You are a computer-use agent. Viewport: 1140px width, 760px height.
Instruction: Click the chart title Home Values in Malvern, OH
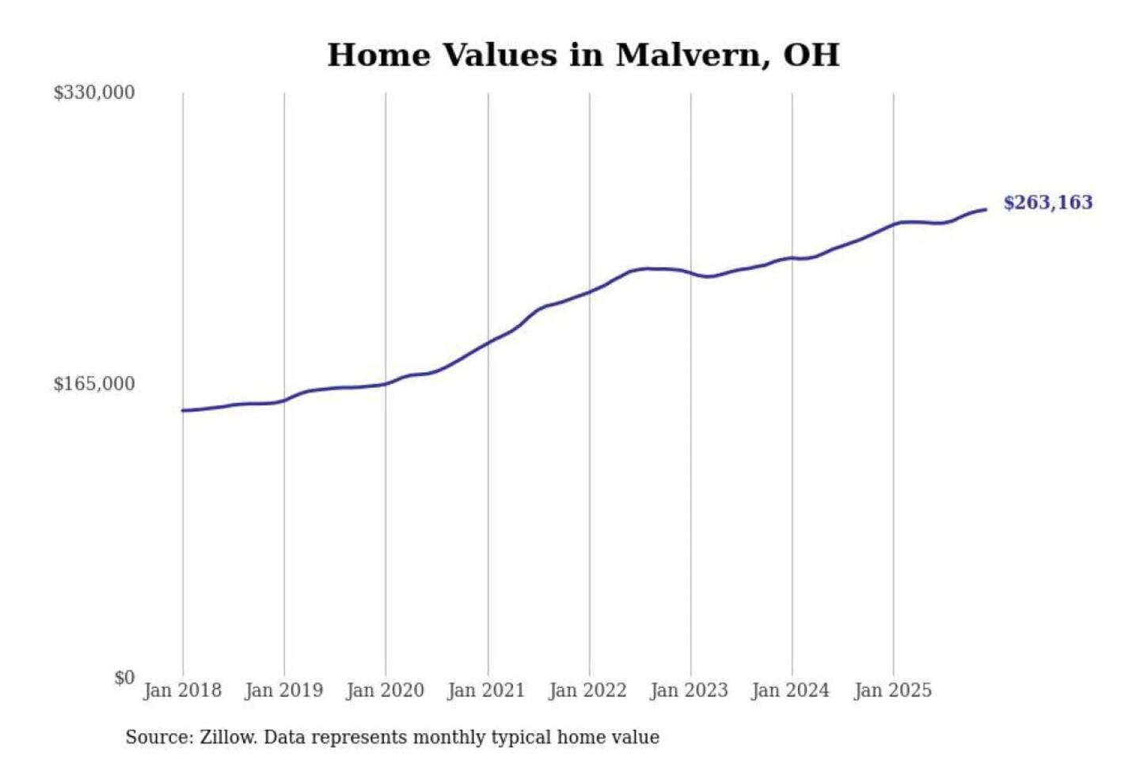(583, 55)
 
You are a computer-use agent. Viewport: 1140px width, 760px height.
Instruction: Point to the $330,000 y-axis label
(93, 93)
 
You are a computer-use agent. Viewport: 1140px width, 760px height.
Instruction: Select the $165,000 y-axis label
(93, 384)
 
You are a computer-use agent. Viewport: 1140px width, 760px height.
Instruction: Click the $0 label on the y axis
(124, 678)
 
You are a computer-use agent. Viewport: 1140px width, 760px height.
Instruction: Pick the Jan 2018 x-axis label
(182, 690)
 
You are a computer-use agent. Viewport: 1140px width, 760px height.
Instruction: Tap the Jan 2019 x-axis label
(283, 690)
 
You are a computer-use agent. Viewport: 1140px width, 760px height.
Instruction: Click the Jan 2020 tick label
(385, 690)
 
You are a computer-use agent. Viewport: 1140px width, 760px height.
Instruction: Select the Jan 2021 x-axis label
(486, 690)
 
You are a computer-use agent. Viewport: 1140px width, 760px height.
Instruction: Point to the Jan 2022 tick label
(587, 690)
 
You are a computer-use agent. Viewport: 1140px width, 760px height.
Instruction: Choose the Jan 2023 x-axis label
(689, 690)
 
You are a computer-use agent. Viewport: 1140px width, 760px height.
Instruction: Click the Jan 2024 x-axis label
(790, 690)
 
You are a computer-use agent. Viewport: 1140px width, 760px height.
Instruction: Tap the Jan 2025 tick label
(892, 690)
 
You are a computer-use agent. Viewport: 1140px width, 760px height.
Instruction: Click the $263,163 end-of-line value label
(1047, 203)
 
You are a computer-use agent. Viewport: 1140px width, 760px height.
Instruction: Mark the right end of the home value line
(986, 210)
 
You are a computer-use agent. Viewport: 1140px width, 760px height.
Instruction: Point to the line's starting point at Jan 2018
(183, 410)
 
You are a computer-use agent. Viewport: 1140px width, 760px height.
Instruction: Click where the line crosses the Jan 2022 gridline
(589, 291)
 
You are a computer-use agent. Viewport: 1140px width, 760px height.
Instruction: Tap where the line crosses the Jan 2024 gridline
(792, 258)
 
